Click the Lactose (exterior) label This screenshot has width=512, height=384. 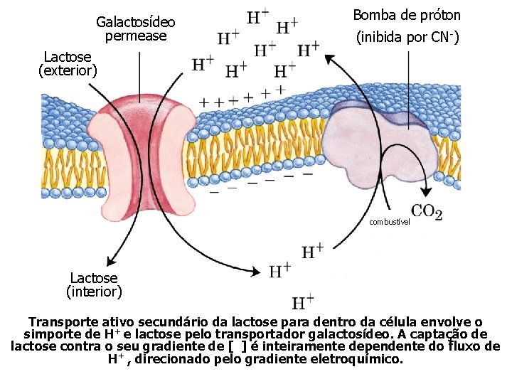pyautogui.click(x=68, y=63)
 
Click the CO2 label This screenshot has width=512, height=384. pyautogui.click(x=427, y=211)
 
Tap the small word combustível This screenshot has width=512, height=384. pyautogui.click(x=390, y=222)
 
